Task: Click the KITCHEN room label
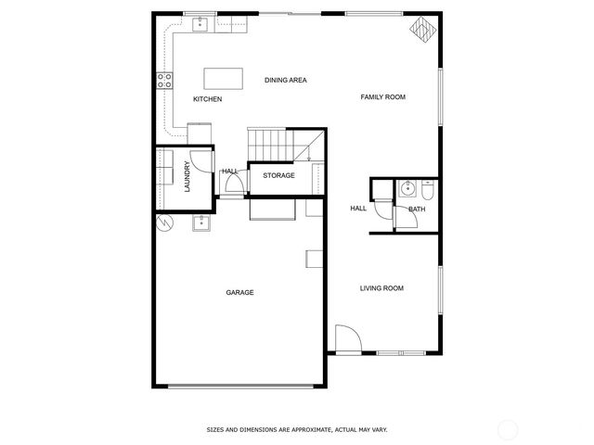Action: (x=207, y=99)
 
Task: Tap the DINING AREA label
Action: (x=285, y=81)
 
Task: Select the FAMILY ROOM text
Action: (x=383, y=97)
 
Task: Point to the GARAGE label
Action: (x=239, y=293)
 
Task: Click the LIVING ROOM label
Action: (x=381, y=288)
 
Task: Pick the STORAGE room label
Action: (x=278, y=176)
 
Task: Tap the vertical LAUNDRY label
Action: (x=187, y=175)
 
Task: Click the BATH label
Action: (x=417, y=210)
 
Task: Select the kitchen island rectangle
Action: (x=219, y=76)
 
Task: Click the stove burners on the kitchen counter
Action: (x=165, y=81)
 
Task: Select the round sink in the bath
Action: (x=407, y=189)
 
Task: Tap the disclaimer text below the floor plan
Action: (x=297, y=429)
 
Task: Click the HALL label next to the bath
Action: (x=358, y=209)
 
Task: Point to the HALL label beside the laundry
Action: (x=230, y=172)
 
